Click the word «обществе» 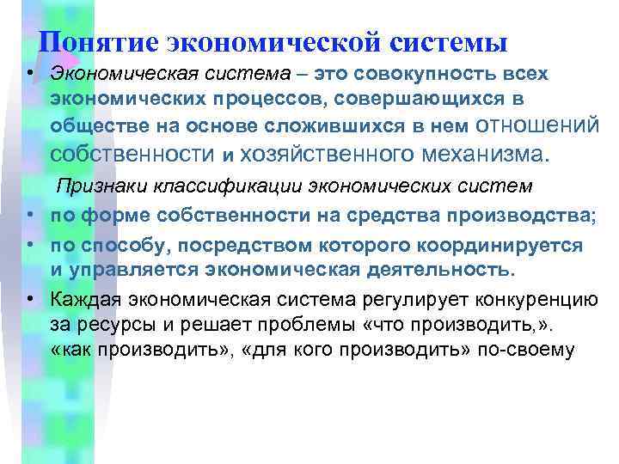pos(89,126)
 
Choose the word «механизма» pos(483,154)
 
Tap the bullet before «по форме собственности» pos(30,214)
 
